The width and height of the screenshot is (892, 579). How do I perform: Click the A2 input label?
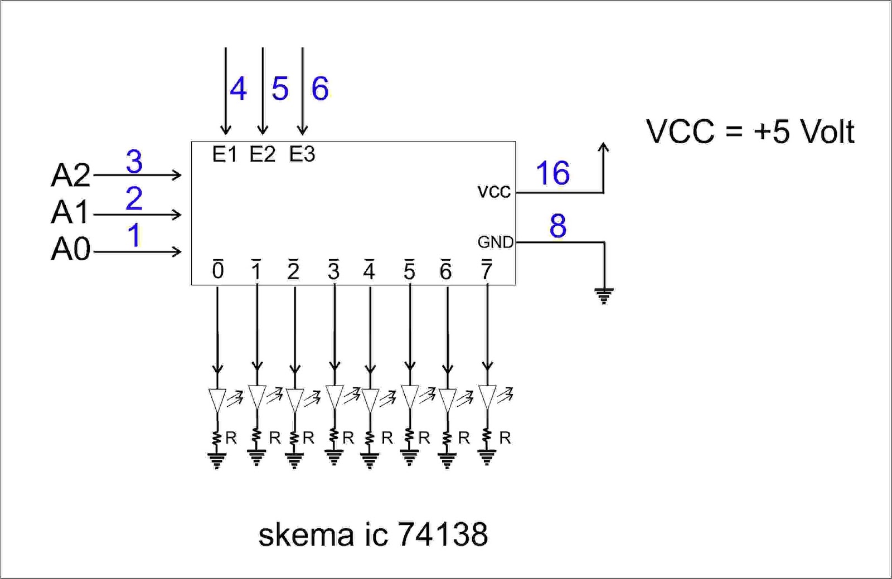[70, 175]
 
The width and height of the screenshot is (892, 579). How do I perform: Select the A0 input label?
[70, 250]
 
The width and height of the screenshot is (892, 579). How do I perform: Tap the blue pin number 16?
[552, 173]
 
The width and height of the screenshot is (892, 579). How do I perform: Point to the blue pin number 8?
[557, 226]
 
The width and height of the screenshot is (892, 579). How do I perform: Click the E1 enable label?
[225, 154]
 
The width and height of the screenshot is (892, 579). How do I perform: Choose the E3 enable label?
[302, 154]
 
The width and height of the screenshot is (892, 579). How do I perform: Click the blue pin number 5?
[280, 89]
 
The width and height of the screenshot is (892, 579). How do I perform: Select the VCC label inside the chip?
[494, 192]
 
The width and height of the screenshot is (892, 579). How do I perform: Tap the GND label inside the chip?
[496, 242]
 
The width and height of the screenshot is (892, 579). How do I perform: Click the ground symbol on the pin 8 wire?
[604, 296]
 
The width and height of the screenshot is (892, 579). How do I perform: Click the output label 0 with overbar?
[218, 269]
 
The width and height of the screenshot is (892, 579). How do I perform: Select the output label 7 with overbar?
[487, 269]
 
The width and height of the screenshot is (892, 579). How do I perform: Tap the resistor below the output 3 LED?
[334, 436]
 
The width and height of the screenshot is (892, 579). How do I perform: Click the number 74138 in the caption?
[443, 534]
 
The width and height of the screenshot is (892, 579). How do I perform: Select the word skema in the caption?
[306, 534]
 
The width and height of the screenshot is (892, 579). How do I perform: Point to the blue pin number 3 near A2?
[134, 162]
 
